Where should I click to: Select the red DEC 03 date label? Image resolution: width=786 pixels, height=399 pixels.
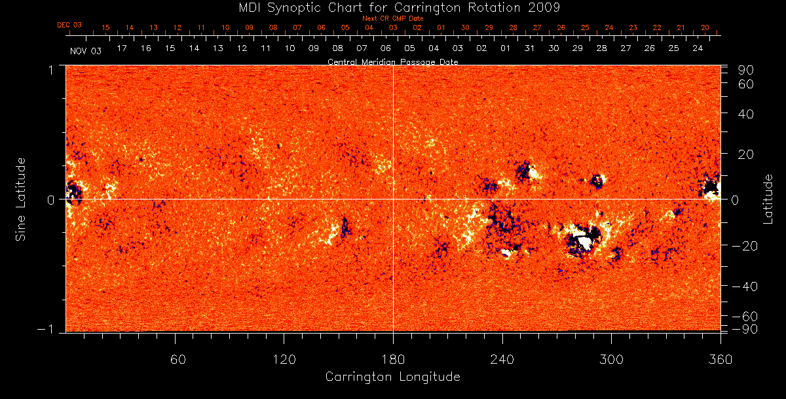[69, 25]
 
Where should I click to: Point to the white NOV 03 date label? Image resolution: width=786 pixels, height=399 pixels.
[86, 50]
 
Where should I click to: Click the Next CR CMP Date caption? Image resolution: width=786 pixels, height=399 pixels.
[393, 18]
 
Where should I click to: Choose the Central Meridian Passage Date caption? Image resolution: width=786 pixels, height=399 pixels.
[392, 61]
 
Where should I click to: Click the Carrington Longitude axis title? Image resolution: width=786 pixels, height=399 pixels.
[392, 377]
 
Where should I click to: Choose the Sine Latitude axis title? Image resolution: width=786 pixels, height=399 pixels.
[22, 199]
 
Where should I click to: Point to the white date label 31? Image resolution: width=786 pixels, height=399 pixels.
[529, 48]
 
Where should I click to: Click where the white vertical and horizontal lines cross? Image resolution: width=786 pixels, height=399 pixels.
[393, 199]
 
